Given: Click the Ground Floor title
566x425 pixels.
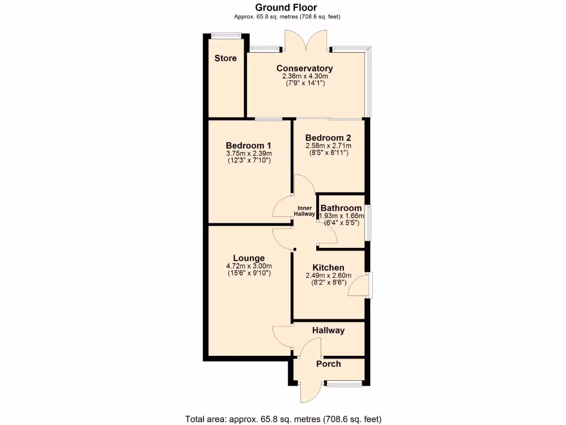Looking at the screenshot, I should (x=286, y=7).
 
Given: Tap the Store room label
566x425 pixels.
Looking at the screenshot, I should (x=226, y=58).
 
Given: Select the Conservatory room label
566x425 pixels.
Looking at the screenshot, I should (x=305, y=69).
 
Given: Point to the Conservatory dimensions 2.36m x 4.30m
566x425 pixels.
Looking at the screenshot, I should (x=305, y=76).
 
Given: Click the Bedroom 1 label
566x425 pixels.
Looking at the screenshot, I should (x=249, y=146).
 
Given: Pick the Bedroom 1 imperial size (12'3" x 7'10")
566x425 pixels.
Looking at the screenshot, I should (x=249, y=160).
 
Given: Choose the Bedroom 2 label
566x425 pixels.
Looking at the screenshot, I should (x=328, y=138).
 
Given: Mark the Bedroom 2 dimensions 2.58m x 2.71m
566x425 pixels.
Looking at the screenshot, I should (x=328, y=146).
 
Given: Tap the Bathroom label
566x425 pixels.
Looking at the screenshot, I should (x=342, y=208).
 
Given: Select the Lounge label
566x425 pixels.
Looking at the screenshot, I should (x=249, y=258).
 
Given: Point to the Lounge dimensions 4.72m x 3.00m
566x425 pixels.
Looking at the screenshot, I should (x=249, y=266).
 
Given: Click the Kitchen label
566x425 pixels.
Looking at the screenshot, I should (x=328, y=267).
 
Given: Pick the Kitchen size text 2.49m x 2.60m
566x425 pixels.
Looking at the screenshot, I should (x=328, y=275).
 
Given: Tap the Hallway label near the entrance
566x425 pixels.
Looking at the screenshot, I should (x=328, y=330).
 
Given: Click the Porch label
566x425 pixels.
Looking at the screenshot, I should (x=328, y=364).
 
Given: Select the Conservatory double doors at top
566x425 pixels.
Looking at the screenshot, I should (x=305, y=42).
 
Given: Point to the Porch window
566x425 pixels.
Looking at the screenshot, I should (x=344, y=383).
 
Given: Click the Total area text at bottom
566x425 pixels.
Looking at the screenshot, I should (x=282, y=419).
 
